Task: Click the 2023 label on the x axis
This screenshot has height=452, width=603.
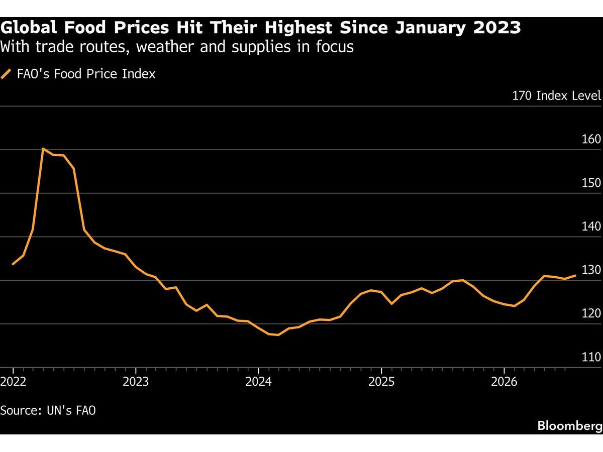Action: point(136,382)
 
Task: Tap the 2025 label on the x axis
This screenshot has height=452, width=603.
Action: point(381,382)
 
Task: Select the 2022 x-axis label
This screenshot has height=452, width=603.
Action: point(13,382)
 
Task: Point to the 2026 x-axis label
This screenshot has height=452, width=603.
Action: point(504,382)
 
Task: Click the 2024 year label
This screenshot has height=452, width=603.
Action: point(258,382)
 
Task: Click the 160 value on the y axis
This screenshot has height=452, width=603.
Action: point(591,139)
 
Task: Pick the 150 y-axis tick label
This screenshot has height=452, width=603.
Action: point(591,183)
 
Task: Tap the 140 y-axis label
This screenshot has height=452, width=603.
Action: point(591,227)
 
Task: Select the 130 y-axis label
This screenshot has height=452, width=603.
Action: point(591,270)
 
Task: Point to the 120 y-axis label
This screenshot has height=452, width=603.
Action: point(591,313)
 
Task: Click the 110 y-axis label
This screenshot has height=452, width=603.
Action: point(591,357)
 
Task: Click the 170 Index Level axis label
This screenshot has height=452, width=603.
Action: point(557,96)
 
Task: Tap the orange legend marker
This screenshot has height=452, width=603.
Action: point(6,74)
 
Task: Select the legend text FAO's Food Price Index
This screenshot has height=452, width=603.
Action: point(86,74)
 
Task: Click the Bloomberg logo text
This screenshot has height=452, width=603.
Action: point(570,426)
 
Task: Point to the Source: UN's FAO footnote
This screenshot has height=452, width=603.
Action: point(48,410)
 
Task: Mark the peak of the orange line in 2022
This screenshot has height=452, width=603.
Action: point(43,149)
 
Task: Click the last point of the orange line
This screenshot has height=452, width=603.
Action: point(575,275)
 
